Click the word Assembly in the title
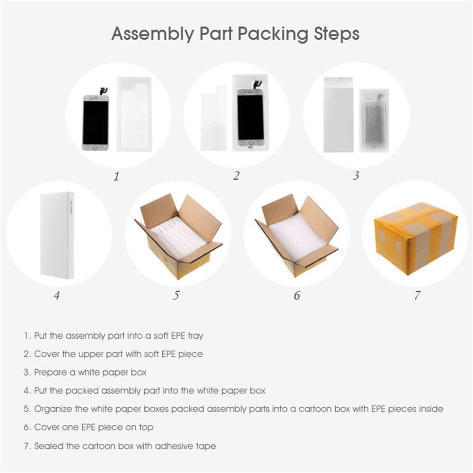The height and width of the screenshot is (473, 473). (152, 34)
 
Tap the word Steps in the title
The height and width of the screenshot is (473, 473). (336, 34)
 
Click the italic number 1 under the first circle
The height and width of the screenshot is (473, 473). (116, 176)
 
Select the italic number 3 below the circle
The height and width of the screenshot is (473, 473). (356, 175)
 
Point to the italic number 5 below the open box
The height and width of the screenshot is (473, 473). (176, 295)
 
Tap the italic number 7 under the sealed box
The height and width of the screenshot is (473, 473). (417, 295)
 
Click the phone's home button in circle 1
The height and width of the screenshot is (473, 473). (96, 148)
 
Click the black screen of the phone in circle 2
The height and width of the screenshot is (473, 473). (250, 118)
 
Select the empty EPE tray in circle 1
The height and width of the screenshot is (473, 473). (134, 114)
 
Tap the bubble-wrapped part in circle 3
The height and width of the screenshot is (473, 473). (374, 121)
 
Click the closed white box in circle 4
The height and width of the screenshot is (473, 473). (57, 235)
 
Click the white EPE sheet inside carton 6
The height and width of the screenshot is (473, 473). (297, 238)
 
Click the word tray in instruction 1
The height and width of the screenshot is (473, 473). (196, 336)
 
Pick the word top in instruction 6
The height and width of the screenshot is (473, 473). (146, 428)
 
